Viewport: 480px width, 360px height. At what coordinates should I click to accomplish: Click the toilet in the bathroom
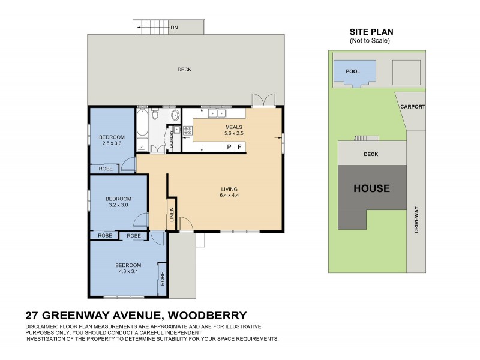(155, 114)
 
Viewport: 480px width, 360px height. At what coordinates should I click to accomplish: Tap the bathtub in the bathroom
(142, 123)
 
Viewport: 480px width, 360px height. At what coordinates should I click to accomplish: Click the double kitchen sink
(216, 113)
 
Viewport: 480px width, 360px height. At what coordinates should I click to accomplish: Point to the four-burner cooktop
(188, 129)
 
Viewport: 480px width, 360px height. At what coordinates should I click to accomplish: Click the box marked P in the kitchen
(229, 147)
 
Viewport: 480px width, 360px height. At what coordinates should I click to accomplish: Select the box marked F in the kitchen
(240, 147)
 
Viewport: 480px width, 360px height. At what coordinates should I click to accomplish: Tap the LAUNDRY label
(172, 139)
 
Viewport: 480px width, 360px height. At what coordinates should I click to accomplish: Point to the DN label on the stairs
(174, 28)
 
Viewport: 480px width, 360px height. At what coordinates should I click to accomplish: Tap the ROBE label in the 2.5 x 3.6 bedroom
(106, 169)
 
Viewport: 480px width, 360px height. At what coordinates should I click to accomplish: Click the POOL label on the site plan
(354, 71)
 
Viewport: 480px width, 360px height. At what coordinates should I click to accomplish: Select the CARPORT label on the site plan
(413, 107)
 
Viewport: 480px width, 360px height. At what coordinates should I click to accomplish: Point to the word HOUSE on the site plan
(371, 188)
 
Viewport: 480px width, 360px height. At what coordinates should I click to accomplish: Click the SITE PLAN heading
(371, 32)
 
